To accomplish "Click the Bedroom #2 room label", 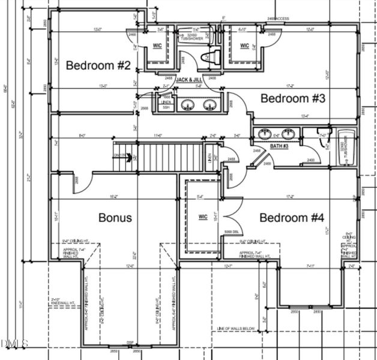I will click(98, 65).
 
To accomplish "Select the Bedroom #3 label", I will click(292, 98).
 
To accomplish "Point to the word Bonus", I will click(115, 217).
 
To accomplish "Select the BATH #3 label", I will click(279, 146).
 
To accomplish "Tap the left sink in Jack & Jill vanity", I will click(188, 106).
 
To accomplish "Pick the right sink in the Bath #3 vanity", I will click(288, 133).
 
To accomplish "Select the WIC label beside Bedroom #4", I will click(202, 217).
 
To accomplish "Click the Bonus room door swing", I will click(84, 183).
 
